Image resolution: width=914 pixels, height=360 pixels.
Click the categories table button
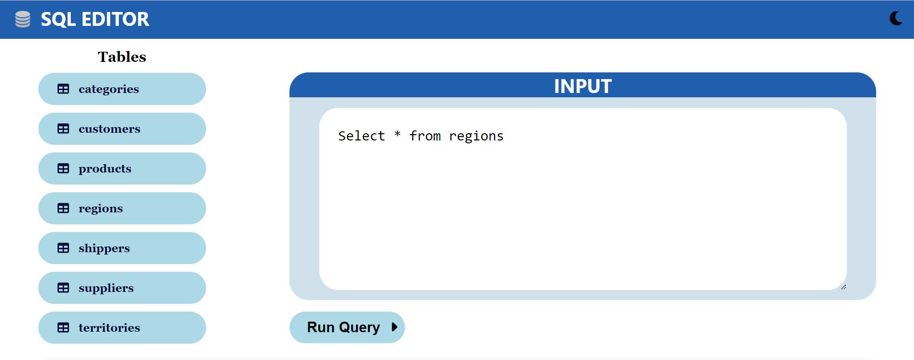122,89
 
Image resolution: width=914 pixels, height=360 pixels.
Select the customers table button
122,129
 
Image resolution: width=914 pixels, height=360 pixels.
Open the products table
122,169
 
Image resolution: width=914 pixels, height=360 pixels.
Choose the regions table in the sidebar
122,209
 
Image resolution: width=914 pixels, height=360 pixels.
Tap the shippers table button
122,248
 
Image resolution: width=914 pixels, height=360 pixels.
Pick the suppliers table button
122,288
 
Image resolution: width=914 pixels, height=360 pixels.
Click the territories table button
122,328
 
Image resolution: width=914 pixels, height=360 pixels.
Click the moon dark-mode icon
896,19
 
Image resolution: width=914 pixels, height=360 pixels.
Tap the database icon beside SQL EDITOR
23,19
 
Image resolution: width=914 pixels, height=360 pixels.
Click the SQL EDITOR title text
95,19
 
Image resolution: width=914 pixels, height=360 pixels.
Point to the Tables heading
122,57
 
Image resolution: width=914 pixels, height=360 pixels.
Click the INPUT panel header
582,86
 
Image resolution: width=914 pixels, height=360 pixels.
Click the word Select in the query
361,136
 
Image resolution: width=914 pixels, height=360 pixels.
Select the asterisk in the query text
397,135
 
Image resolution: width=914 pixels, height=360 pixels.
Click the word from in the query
425,136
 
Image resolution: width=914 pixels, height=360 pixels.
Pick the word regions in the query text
476,137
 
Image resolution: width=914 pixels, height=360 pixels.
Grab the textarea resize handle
844,287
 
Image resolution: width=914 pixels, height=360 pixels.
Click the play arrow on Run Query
394,327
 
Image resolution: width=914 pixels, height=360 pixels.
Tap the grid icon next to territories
63,328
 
